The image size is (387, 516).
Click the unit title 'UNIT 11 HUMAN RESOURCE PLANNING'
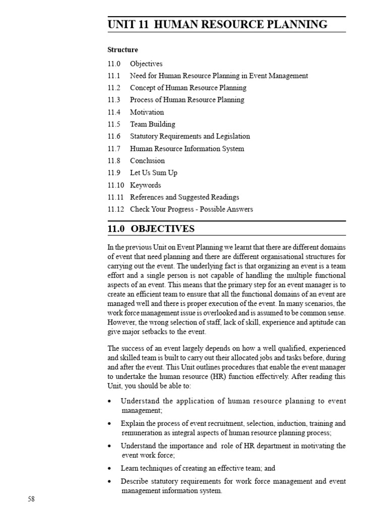[217, 24]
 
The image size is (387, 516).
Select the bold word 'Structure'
[122, 50]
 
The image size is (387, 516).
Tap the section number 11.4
[114, 112]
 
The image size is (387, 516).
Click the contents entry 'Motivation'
[147, 112]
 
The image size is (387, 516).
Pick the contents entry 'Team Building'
[153, 124]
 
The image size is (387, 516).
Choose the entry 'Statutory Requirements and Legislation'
[190, 137]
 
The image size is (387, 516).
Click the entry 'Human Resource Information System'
[187, 149]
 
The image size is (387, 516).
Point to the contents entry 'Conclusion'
[147, 161]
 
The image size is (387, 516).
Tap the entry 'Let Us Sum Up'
[154, 173]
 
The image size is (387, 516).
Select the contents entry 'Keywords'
[146, 185]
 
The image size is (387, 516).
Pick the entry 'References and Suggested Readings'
[184, 197]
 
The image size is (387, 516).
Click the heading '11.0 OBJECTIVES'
[151, 229]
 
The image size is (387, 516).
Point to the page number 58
[31, 499]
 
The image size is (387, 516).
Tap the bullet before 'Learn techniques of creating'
[110, 469]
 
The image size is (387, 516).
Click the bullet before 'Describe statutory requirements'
[110, 482]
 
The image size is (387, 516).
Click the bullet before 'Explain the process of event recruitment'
[110, 424]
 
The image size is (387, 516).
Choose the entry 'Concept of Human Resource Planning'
[188, 88]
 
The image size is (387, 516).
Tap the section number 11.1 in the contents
[114, 76]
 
